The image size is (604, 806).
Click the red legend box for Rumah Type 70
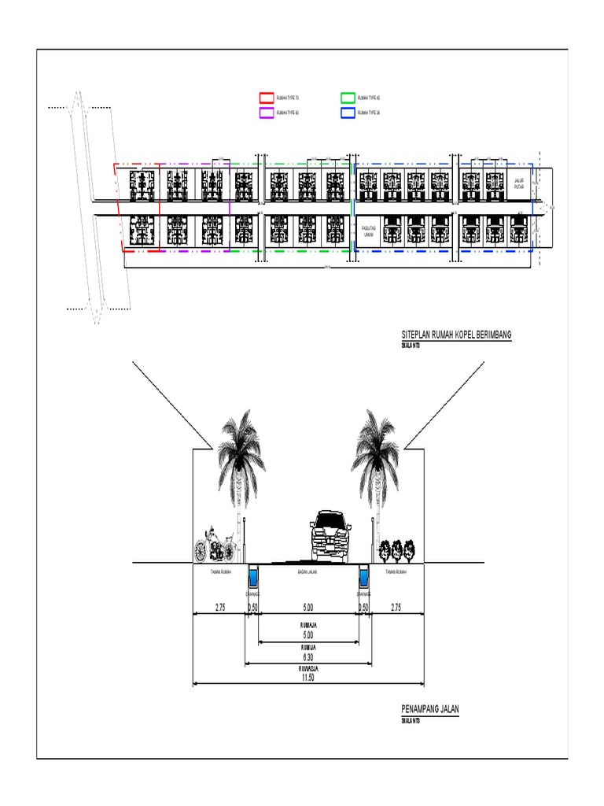(x=267, y=98)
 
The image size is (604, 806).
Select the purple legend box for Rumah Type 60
(x=267, y=113)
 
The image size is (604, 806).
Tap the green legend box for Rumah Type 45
(x=348, y=98)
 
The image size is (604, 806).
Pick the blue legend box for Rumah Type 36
(x=348, y=113)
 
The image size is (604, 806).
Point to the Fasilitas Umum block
(x=367, y=229)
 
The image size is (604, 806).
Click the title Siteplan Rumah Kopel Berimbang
(x=456, y=335)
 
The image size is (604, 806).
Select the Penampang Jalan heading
(x=430, y=709)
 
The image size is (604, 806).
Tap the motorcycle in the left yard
(x=215, y=544)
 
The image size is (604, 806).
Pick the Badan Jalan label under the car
(x=308, y=573)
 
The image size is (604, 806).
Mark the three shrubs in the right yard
(x=396, y=549)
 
